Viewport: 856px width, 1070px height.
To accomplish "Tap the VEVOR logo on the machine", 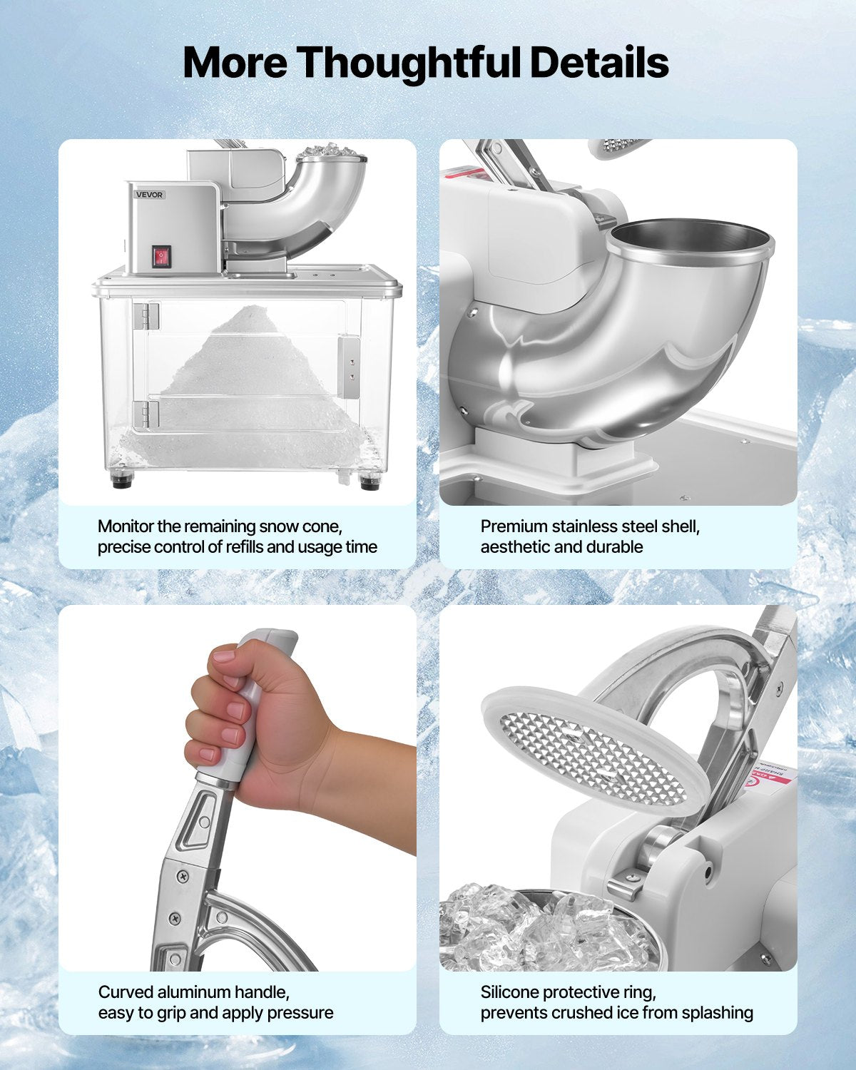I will [150, 195].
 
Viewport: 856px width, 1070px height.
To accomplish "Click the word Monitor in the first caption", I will [126, 526].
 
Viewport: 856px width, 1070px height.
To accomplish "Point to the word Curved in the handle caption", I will [126, 992].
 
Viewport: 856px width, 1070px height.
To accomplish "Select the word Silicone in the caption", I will [509, 992].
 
